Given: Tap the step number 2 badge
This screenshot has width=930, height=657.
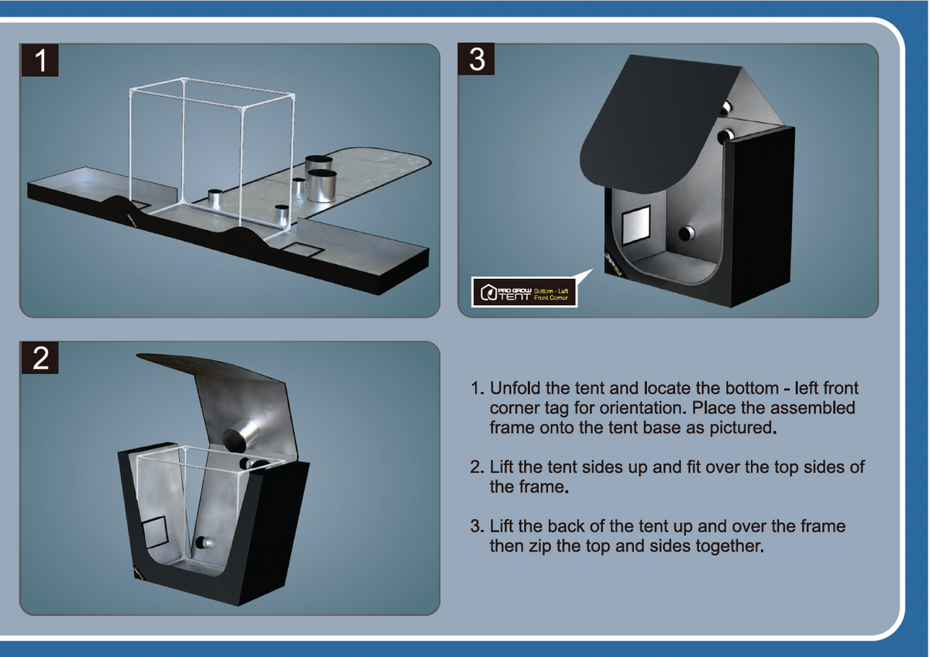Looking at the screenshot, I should (40, 359).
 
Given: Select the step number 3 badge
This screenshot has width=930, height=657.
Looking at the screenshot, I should (477, 60).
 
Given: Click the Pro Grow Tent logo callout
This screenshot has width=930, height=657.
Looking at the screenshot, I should (525, 293).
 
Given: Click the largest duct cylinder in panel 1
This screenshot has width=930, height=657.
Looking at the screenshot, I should (322, 184).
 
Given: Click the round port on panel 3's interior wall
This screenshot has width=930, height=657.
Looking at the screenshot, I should (686, 233).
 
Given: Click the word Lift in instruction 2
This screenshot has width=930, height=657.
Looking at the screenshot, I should (504, 467).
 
